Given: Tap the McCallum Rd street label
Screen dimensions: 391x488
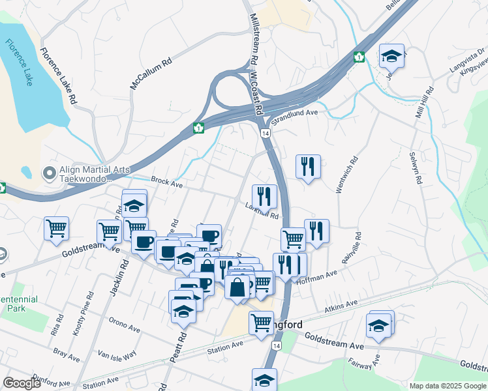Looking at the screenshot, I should (x=151, y=72).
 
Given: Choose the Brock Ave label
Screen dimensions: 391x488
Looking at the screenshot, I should (x=166, y=182).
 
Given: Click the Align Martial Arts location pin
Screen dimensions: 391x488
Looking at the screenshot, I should (x=48, y=173).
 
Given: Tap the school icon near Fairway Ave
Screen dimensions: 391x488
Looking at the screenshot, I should (x=379, y=325).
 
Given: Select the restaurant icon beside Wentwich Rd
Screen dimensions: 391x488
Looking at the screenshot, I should (x=307, y=167).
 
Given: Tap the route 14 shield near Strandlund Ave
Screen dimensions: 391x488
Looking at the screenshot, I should (x=266, y=133).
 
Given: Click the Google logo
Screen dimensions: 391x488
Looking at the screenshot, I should (x=22, y=383).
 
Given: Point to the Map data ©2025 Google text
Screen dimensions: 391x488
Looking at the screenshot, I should (x=448, y=385).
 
